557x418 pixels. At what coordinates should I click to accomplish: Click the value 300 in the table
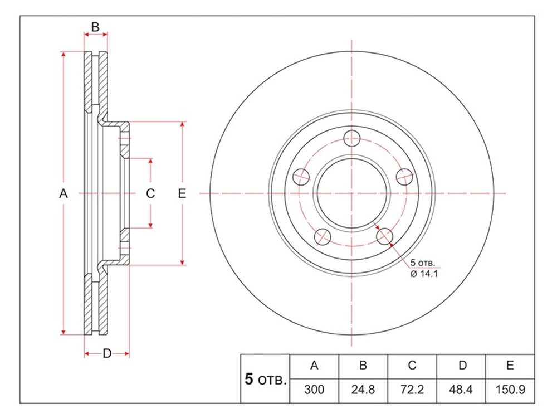(x=314, y=390)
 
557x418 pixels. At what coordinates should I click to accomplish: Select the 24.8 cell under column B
(x=363, y=390)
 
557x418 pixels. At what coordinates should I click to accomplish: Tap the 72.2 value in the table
(x=412, y=390)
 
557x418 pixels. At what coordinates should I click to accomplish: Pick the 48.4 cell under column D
(x=461, y=390)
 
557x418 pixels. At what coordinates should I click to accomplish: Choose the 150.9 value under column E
(x=510, y=390)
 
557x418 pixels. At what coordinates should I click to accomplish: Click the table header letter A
(x=314, y=366)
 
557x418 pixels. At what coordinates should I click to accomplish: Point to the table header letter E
(x=510, y=366)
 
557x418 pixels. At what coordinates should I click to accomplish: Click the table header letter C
(x=412, y=366)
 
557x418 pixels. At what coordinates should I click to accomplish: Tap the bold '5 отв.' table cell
(x=265, y=380)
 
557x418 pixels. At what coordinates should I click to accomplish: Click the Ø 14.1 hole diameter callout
(x=424, y=274)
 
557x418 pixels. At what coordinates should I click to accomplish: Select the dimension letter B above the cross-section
(x=95, y=27)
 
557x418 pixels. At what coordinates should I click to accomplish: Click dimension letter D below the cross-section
(x=107, y=353)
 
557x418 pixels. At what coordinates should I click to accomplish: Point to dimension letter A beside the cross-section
(x=63, y=194)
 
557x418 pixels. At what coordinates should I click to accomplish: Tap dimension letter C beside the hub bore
(x=150, y=193)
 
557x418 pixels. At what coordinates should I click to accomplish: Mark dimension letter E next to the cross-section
(x=182, y=193)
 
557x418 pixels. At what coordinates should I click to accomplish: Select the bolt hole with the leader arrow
(x=384, y=236)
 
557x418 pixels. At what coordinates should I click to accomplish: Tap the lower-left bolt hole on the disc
(x=323, y=237)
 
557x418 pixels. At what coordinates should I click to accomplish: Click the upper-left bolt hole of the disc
(x=301, y=177)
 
